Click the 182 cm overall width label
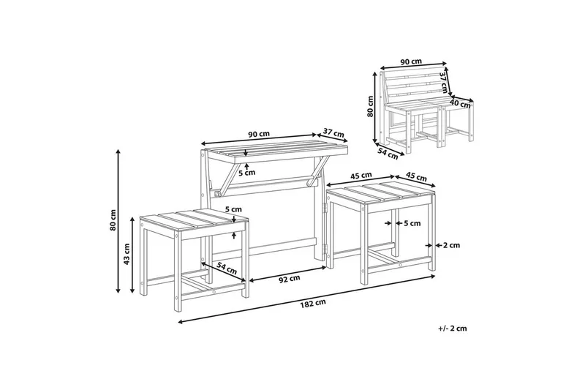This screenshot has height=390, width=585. tap(313, 302)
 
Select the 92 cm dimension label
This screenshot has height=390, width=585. tap(290, 278)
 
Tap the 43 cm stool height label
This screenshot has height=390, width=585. tap(127, 254)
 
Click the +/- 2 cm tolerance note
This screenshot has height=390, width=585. tap(453, 329)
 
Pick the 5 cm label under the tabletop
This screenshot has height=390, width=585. tap(247, 173)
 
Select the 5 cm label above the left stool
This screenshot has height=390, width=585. tap(233, 209)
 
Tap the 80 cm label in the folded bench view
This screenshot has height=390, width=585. tap(370, 106)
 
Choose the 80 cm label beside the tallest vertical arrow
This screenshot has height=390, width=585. tap(113, 220)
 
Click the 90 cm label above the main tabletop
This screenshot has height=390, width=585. tap(259, 134)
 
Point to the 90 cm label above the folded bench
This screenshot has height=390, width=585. tap(411, 61)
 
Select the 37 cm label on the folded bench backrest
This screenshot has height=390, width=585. tap(444, 83)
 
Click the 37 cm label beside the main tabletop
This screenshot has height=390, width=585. tap(333, 133)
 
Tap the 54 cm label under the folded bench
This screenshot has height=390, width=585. tap(388, 154)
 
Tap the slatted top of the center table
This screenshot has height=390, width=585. tap(276, 151)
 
